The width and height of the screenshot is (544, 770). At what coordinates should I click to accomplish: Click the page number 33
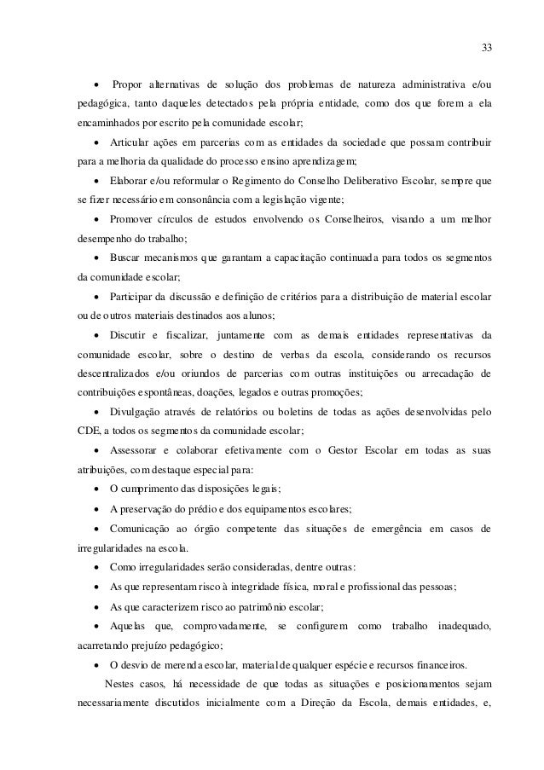[x=486, y=46]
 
